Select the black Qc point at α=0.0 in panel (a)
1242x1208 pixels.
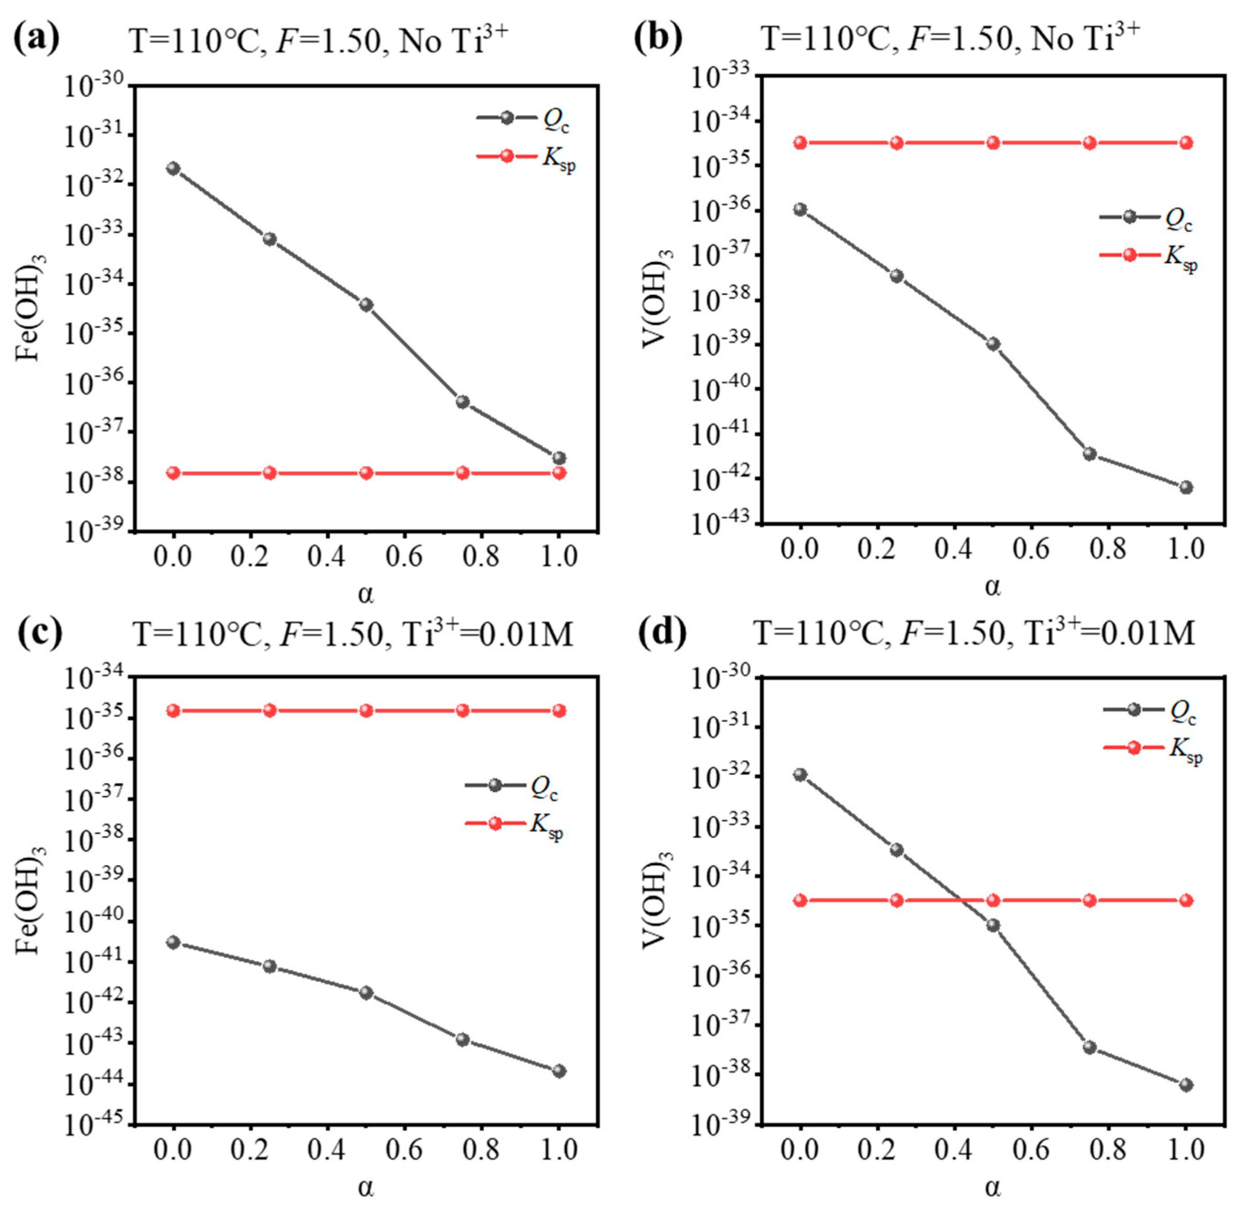[x=173, y=168]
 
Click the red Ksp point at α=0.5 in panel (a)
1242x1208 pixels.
[x=366, y=473]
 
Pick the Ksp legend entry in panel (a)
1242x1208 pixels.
[x=526, y=157]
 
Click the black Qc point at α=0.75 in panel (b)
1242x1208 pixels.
[x=1090, y=454]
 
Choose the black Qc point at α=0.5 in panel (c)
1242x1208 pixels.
[x=366, y=992]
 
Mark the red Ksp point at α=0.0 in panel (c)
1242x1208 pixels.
[x=173, y=711]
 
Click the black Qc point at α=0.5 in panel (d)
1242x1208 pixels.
[x=993, y=925]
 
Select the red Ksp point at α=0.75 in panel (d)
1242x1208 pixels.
[x=1090, y=900]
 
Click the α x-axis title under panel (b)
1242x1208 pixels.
[x=993, y=587]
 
